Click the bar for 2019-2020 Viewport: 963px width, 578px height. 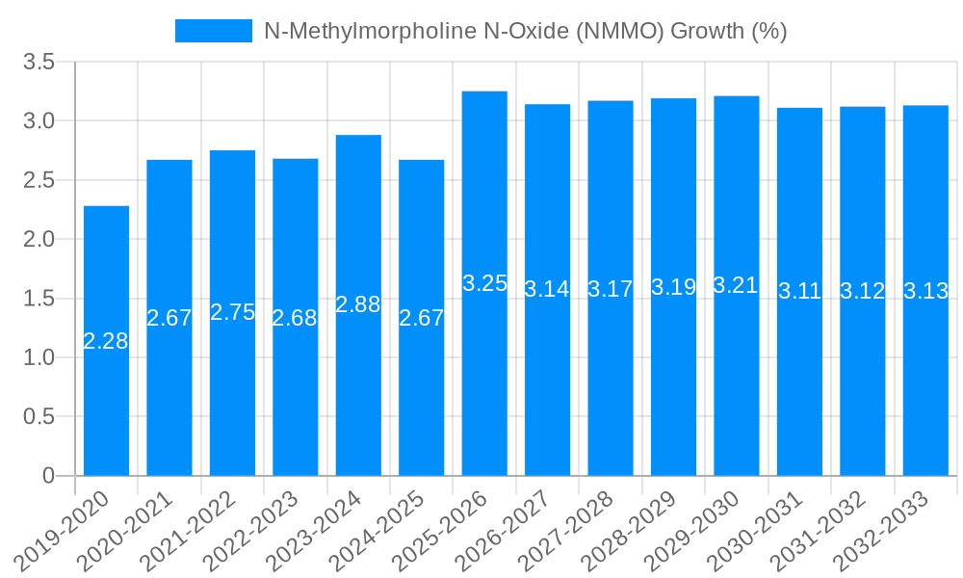pyautogui.click(x=106, y=385)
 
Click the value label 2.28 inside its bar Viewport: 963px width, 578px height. pyautogui.click(x=106, y=341)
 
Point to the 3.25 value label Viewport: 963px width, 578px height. pyautogui.click(x=484, y=283)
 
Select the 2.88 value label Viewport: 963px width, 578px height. pyautogui.click(x=358, y=304)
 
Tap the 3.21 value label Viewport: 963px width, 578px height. pyautogui.click(x=736, y=285)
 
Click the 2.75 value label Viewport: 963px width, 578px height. pyautogui.click(x=232, y=312)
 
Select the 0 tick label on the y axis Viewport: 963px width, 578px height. pyautogui.click(x=48, y=476)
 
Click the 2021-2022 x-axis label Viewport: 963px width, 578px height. pyautogui.click(x=193, y=530)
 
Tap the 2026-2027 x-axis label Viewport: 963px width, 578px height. pyautogui.click(x=508, y=530)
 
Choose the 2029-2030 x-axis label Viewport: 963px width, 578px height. pyautogui.click(x=696, y=530)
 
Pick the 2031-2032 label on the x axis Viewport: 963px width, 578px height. pyautogui.click(x=822, y=530)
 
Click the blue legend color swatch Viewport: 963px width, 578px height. pyautogui.click(x=213, y=31)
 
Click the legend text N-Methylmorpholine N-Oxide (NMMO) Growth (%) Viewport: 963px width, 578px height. pyautogui.click(x=526, y=31)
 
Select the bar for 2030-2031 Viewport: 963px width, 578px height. pyautogui.click(x=799, y=385)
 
